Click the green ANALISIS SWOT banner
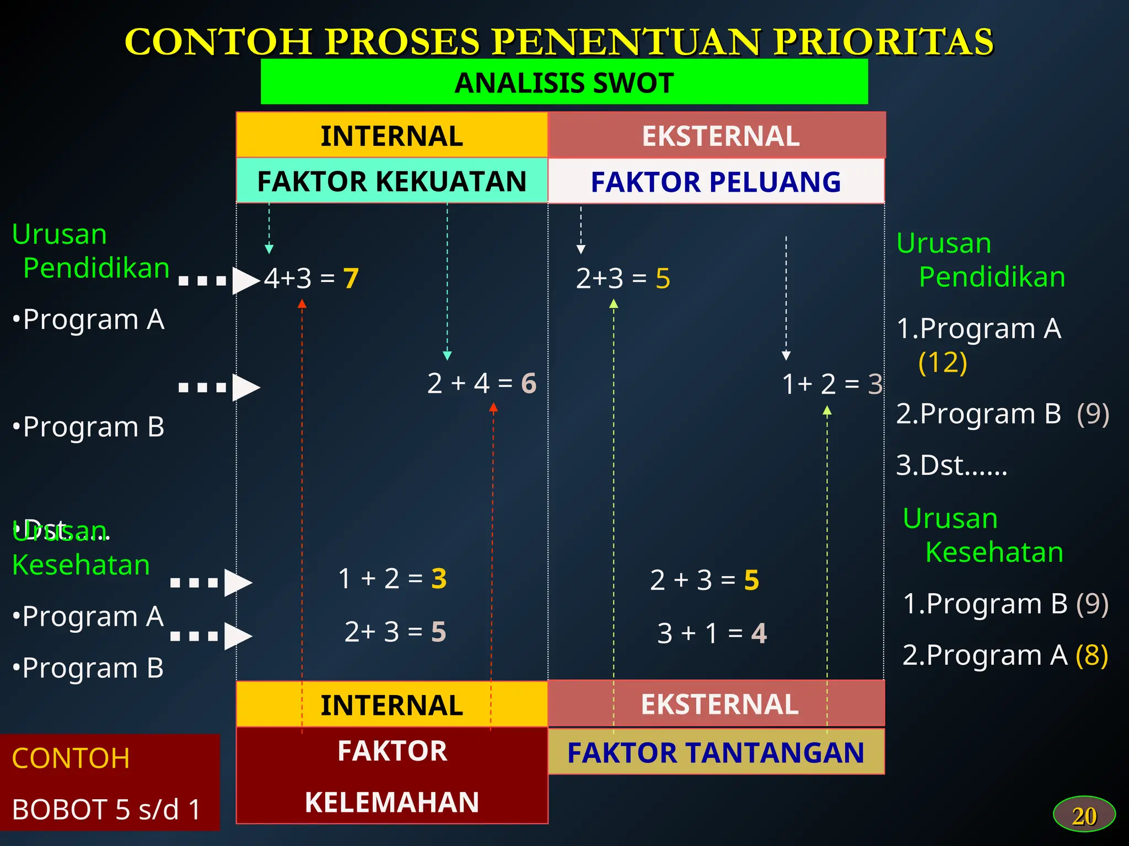click(564, 83)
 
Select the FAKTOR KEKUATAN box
click(392, 181)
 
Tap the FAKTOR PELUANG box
click(716, 182)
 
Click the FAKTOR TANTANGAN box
click(716, 752)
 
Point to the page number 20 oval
click(1084, 815)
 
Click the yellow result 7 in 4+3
click(351, 279)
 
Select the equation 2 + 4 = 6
click(481, 383)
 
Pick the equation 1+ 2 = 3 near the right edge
click(831, 384)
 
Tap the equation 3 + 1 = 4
click(712, 633)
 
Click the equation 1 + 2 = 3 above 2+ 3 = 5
click(392, 579)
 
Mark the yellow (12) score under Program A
click(943, 362)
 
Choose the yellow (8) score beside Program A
click(1092, 655)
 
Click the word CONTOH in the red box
click(71, 758)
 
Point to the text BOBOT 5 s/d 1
click(106, 810)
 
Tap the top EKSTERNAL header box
click(717, 135)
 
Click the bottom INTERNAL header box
click(392, 705)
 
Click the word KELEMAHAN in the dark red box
click(392, 802)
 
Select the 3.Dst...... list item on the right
click(951, 465)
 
